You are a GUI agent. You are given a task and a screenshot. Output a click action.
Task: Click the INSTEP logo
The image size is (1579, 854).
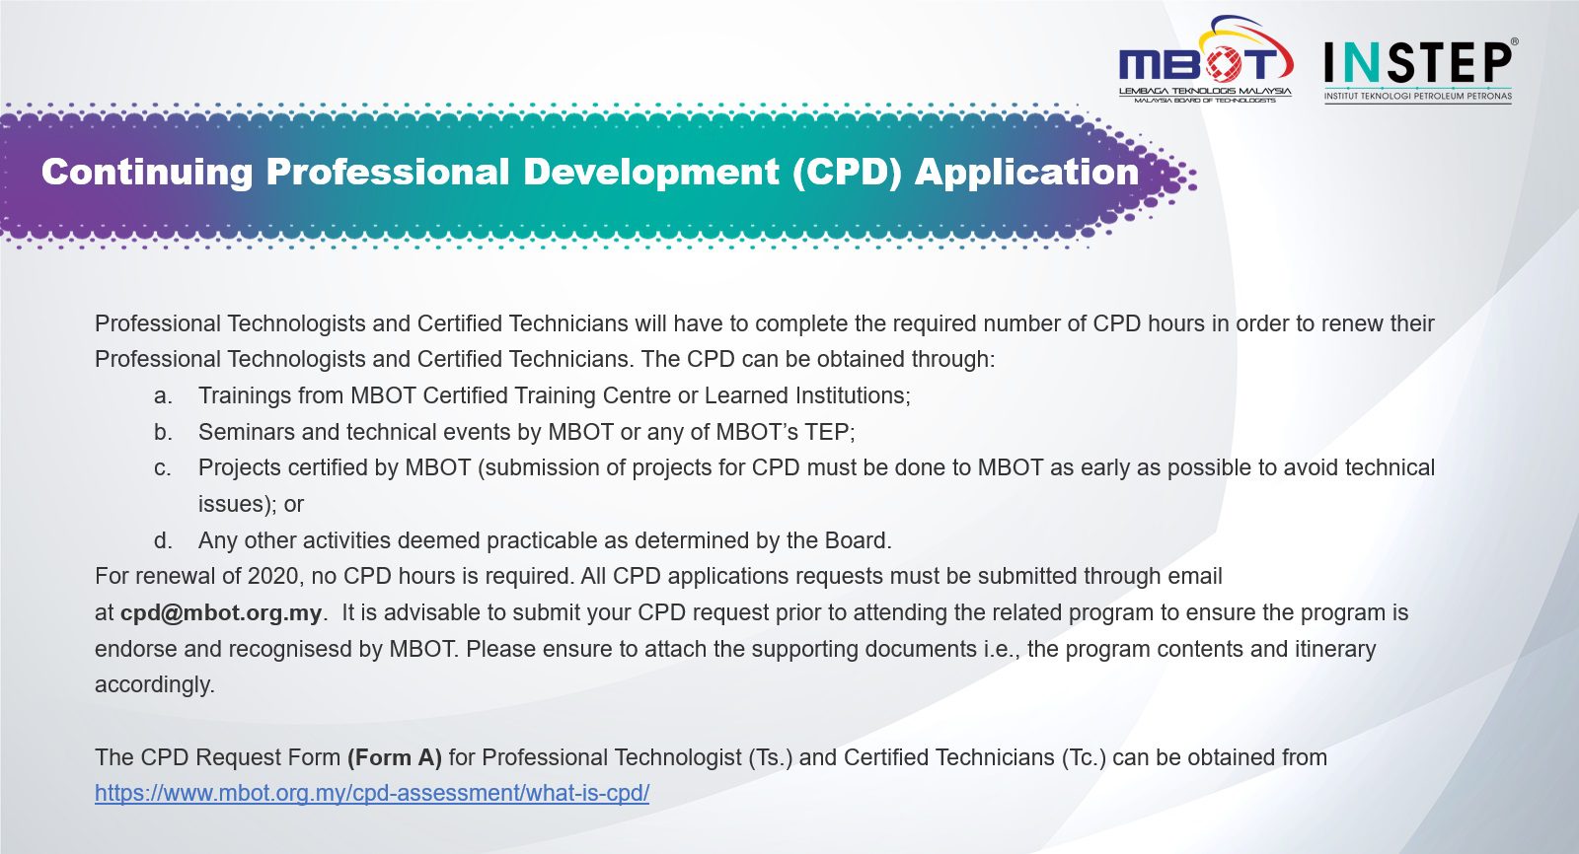coord(1418,69)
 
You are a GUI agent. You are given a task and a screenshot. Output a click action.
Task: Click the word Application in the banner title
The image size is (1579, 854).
coord(1026,172)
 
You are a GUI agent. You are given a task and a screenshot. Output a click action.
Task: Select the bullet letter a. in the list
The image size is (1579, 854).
coord(163,396)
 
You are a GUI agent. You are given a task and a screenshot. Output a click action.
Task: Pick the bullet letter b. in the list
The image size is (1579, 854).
coord(163,433)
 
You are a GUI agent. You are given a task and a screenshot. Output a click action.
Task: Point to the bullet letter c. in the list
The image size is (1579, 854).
coord(163,468)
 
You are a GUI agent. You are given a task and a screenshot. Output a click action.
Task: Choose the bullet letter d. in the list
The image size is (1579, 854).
coord(163,541)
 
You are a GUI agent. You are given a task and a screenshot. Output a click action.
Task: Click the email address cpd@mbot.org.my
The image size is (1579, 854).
coord(221,612)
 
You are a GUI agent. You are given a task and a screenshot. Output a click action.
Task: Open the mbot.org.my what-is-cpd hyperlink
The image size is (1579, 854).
coord(372,793)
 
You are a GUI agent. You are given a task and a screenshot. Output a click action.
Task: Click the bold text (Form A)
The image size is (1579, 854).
coord(394,757)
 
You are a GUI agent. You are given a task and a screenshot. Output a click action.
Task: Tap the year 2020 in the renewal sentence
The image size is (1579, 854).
coord(272,576)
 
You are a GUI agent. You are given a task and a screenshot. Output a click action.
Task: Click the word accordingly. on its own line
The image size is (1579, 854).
coord(154,684)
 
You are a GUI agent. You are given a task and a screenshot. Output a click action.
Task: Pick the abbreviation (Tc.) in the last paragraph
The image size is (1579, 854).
coord(1083,757)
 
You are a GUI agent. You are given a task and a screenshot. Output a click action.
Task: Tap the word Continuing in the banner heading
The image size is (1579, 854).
coord(147,172)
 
